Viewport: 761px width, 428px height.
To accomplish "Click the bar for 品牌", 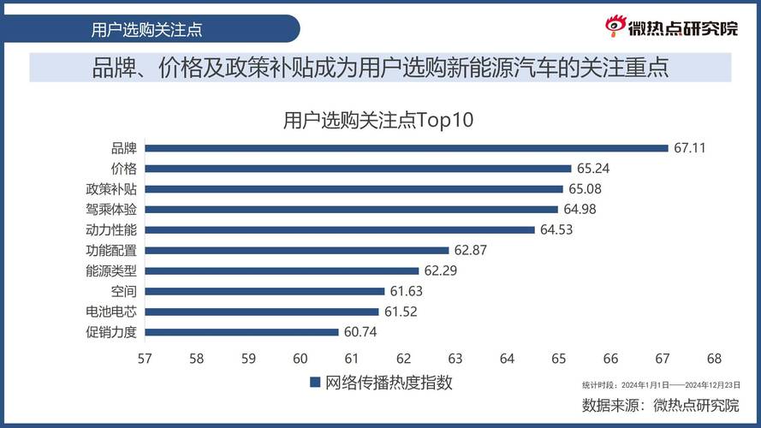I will [x=407, y=148].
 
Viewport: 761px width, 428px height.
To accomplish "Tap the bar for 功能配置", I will [x=297, y=250].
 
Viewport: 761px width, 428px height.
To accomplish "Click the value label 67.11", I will [x=690, y=148].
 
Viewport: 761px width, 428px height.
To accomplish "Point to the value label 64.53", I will [x=556, y=229].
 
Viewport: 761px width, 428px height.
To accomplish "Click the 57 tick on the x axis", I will [x=145, y=358].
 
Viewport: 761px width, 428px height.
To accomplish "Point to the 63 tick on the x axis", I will [x=455, y=358].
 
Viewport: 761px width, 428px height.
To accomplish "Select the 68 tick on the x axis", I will [x=714, y=358].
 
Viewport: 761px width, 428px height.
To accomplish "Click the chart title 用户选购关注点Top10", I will [x=378, y=120].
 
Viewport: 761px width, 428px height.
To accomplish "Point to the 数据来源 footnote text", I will [x=660, y=404].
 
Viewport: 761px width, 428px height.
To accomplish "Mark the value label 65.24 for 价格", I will [x=593, y=169].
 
